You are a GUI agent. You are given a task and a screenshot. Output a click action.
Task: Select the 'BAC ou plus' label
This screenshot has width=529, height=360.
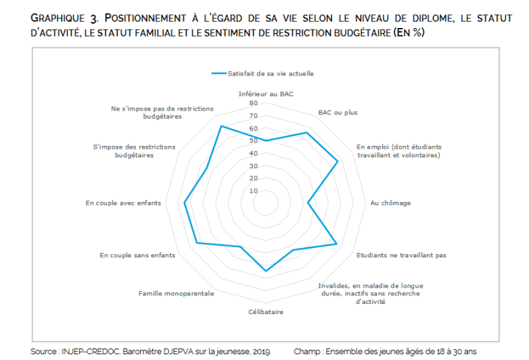(x=337, y=112)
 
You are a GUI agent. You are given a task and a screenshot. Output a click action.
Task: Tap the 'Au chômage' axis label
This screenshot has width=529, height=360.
(x=390, y=203)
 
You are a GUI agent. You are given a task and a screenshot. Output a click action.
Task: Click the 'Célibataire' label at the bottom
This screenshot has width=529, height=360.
(x=266, y=312)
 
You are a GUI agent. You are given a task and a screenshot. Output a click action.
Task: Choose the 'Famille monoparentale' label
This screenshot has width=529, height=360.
(x=176, y=294)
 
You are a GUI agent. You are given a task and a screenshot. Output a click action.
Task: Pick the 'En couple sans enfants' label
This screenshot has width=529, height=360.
(x=137, y=255)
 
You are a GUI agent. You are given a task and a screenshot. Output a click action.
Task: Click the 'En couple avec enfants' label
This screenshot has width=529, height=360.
(x=123, y=203)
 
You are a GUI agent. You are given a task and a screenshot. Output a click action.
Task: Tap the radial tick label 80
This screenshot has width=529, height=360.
(x=253, y=103)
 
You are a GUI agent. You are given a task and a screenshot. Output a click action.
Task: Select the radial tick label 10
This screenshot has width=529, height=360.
(x=253, y=191)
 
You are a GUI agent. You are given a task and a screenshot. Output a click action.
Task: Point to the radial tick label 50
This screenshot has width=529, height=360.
(x=253, y=141)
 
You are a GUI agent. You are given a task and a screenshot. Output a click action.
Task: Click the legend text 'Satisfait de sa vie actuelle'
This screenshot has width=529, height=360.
(x=271, y=73)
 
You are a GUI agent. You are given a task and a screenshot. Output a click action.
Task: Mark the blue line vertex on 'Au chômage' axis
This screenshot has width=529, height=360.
(x=308, y=203)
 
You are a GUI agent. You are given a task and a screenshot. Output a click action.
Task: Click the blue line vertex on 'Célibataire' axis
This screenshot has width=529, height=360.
(x=266, y=271)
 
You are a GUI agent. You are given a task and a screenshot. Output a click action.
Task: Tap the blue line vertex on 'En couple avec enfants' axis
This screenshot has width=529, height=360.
(x=185, y=203)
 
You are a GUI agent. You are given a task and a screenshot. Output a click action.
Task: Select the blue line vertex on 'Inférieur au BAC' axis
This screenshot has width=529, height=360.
(x=266, y=141)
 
